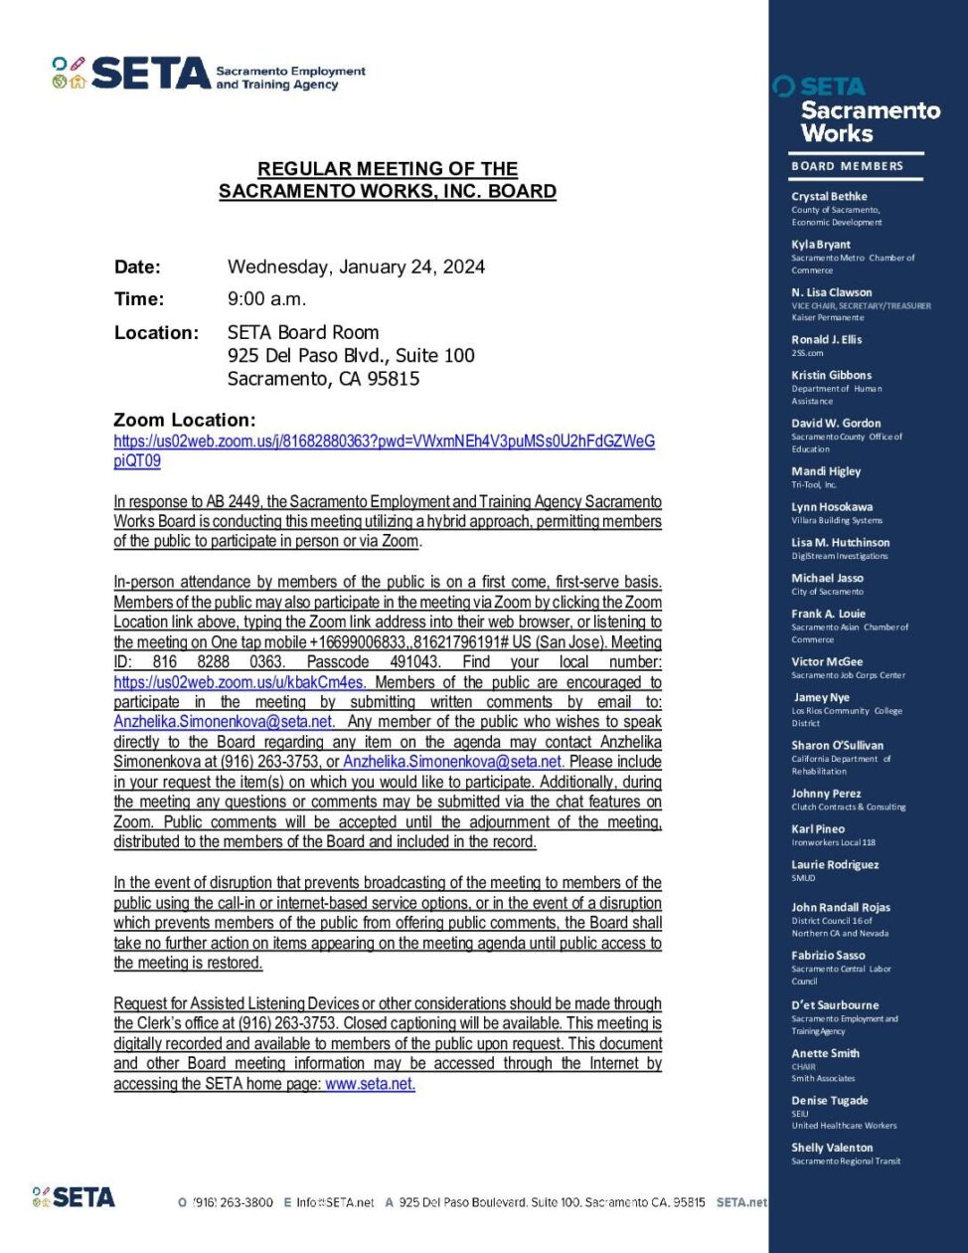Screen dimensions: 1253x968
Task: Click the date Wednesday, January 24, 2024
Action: click(x=356, y=267)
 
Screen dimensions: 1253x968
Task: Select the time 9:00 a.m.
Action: click(x=266, y=299)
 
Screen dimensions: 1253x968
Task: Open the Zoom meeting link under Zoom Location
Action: click(x=384, y=442)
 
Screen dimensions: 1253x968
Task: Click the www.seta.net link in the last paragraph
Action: click(x=370, y=1084)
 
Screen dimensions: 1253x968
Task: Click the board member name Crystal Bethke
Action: click(x=829, y=196)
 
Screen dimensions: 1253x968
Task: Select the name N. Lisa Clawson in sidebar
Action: click(x=831, y=292)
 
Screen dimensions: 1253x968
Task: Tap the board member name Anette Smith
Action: click(x=825, y=1053)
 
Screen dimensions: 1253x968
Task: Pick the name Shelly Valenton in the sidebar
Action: click(x=832, y=1148)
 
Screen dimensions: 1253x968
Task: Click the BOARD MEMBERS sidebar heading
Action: click(x=847, y=166)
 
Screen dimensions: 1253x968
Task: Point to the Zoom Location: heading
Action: click(x=185, y=420)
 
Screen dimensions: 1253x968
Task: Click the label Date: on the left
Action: click(x=137, y=267)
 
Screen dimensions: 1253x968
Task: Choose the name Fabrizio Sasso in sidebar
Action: click(x=828, y=956)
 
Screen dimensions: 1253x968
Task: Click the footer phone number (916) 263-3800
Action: click(x=232, y=1202)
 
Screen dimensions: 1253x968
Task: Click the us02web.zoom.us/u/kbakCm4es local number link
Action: click(x=242, y=682)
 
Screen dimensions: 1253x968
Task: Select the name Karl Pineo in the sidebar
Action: click(x=818, y=828)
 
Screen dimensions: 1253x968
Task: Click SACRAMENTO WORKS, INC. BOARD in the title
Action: click(x=388, y=191)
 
